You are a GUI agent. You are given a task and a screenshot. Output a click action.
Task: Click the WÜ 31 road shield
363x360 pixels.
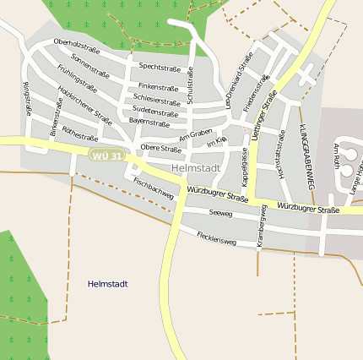pos(107,155)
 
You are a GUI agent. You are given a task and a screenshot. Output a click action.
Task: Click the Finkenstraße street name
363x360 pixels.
pos(159,87)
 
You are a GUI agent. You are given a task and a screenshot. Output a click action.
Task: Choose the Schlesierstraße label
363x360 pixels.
pos(157,101)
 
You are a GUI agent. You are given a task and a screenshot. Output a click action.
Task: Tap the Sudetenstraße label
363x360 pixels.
pos(155,112)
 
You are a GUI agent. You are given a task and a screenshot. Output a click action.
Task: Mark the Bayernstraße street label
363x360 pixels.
pos(149,123)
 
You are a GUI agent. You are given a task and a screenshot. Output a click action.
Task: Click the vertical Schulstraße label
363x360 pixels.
pos(191,85)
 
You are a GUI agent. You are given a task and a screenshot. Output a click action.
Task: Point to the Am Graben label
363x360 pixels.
pos(195,134)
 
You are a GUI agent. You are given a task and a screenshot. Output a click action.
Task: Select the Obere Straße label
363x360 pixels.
pos(160,149)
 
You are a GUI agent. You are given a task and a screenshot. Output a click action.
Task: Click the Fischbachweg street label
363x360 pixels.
pos(154,188)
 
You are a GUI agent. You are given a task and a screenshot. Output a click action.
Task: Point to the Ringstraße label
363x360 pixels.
pos(27,97)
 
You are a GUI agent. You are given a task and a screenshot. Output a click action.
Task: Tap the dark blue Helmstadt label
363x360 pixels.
pos(107,284)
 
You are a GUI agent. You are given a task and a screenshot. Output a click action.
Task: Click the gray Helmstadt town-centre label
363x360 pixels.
pos(195,168)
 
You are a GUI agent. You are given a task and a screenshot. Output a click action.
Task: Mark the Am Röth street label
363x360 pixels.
pos(337,155)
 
